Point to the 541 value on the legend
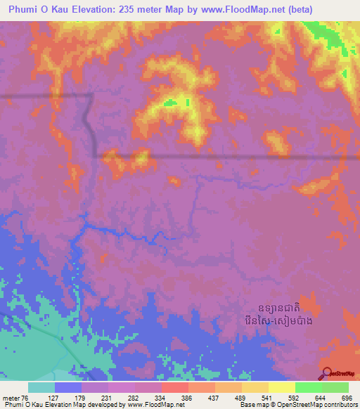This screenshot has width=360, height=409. coord(268,397)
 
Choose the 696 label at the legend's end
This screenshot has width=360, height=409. coord(347,397)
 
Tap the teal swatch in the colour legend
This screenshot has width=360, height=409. coord(41,387)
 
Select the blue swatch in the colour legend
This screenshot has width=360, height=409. coord(67,387)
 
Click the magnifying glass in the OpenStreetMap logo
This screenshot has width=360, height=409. coord(327,373)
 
